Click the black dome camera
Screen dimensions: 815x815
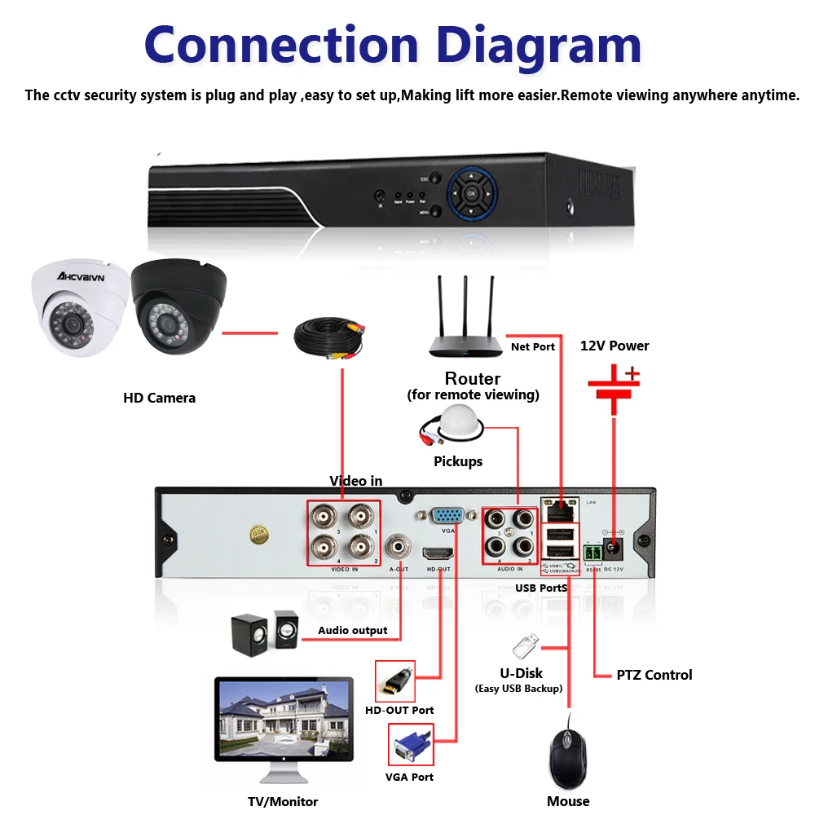click(175, 306)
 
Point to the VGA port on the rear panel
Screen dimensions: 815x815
click(447, 515)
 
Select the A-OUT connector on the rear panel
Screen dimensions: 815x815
click(399, 544)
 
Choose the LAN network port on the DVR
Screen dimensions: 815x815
click(561, 510)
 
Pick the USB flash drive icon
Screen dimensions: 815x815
click(524, 646)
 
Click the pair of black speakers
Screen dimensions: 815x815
click(264, 632)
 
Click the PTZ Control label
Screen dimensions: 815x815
click(654, 675)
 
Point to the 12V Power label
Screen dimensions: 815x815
click(615, 346)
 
